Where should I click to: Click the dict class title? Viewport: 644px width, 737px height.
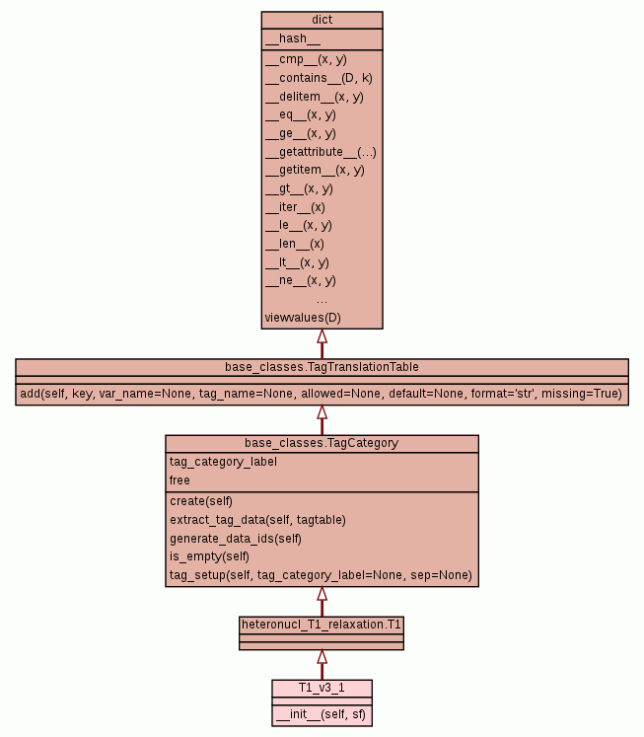[x=322, y=20]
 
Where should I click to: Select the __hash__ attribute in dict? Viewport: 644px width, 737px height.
[x=293, y=39]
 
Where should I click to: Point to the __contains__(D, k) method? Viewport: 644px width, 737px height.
[x=319, y=78]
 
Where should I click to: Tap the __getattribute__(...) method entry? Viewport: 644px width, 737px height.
[x=321, y=152]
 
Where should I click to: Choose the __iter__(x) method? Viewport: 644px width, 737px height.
[x=295, y=207]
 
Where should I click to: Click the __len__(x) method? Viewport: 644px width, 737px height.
[x=294, y=244]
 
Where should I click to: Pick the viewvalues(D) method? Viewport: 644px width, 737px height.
[x=303, y=318]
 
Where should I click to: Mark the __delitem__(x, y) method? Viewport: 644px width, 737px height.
[x=315, y=97]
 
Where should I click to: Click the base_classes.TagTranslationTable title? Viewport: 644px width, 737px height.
[x=322, y=367]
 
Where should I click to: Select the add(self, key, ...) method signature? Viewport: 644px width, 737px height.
[x=322, y=394]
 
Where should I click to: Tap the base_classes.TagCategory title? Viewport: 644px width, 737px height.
[x=322, y=443]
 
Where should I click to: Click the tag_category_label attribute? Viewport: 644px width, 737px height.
[x=223, y=462]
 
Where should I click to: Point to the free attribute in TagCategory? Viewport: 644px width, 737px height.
[x=179, y=480]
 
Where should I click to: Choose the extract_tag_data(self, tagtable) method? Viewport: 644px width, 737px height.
[x=257, y=519]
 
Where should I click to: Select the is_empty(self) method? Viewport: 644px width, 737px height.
[x=209, y=556]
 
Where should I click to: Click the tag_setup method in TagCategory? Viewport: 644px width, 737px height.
[x=321, y=575]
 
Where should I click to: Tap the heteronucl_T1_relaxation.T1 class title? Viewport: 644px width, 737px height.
[x=322, y=625]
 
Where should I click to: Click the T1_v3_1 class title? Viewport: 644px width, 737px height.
[x=322, y=687]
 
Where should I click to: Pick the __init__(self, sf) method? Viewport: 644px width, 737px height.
[x=322, y=713]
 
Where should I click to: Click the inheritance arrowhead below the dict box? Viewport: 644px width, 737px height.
[x=322, y=336]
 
